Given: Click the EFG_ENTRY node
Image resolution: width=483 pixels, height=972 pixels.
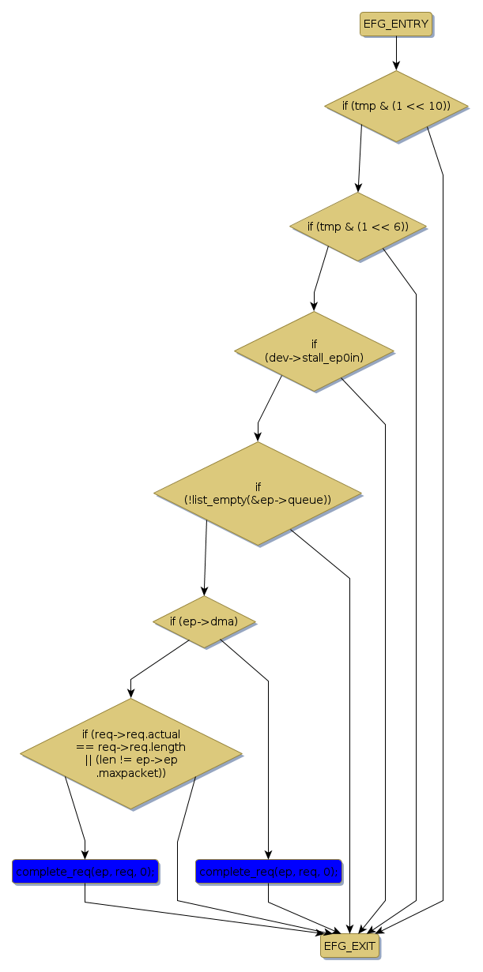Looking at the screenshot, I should (x=396, y=24).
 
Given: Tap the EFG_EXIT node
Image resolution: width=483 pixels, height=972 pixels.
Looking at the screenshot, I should (x=349, y=946).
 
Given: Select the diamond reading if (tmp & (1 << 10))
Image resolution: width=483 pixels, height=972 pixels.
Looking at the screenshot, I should (x=395, y=106).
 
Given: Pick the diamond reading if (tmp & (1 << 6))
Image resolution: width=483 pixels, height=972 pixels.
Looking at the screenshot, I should (x=358, y=227).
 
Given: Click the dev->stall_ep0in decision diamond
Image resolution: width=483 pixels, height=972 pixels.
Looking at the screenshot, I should (x=314, y=351).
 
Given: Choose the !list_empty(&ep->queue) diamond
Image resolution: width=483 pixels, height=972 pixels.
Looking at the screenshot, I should (x=258, y=494).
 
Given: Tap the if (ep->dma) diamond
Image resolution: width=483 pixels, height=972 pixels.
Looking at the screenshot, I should (x=205, y=621).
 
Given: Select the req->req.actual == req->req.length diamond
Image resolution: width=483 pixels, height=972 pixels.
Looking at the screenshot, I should (x=130, y=753).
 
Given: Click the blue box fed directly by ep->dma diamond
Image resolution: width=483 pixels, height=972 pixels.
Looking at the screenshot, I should (x=268, y=872).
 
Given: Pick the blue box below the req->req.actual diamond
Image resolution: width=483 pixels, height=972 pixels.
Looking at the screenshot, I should (x=85, y=872).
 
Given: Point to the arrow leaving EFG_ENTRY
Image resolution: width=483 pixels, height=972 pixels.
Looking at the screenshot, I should (x=396, y=54).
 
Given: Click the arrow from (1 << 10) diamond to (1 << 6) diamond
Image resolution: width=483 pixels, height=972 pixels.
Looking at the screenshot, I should (x=360, y=158).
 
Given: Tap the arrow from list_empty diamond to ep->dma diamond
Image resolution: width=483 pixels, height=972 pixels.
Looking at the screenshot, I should (x=206, y=561).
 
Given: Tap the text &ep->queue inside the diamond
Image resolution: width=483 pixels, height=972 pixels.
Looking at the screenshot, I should (x=285, y=500).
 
